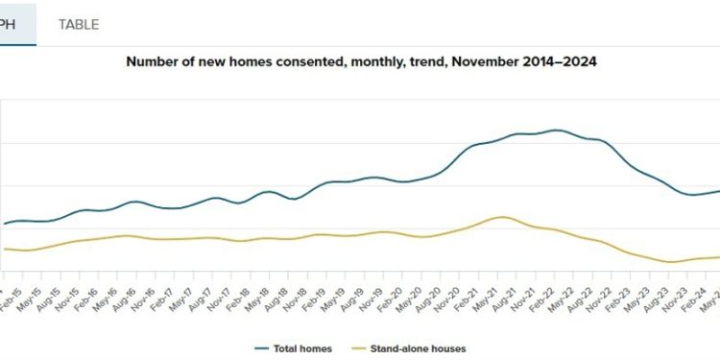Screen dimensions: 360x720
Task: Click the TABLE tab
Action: click(x=78, y=24)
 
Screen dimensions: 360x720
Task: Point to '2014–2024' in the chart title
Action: click(x=564, y=60)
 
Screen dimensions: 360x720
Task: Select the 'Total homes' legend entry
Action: click(x=293, y=348)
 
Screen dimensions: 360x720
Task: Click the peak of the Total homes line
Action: click(x=556, y=130)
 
